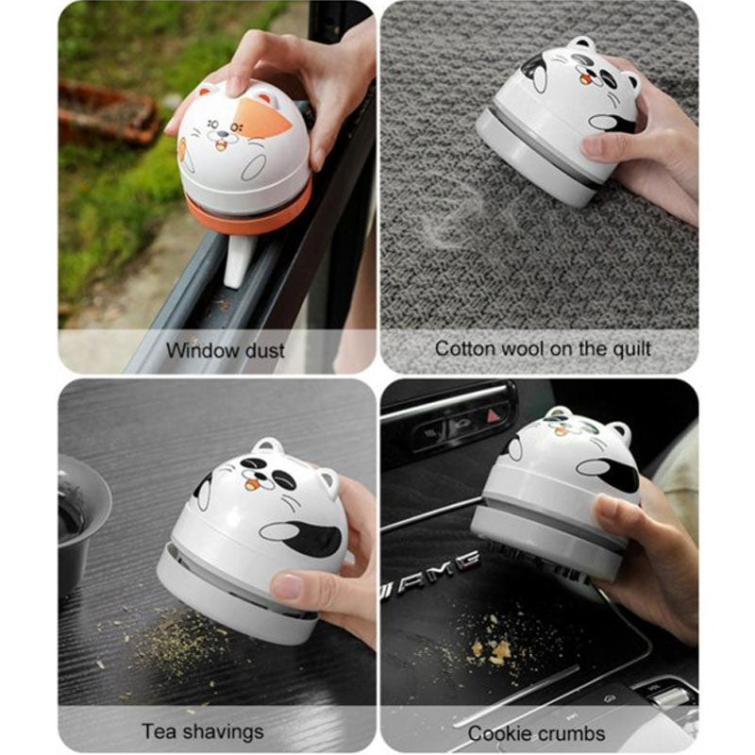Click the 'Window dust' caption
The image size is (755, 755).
(225, 350)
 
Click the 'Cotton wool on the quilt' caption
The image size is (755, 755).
(543, 348)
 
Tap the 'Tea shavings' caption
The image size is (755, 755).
(203, 730)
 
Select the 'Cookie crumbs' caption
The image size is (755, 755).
(537, 732)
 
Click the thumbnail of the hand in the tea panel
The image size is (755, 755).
(287, 587)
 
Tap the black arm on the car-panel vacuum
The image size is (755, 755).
(611, 471)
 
